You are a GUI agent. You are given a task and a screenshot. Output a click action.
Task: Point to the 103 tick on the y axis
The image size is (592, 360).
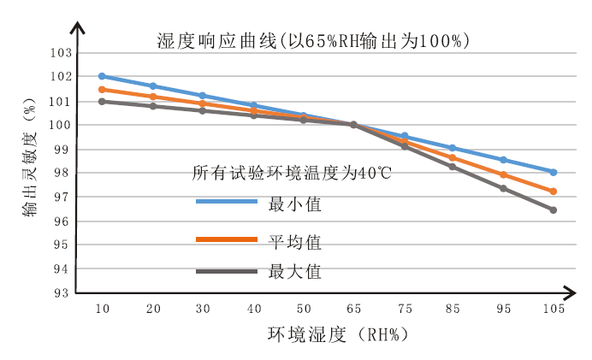coord(60,53)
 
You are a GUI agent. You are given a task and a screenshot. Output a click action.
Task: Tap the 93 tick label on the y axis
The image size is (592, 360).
coord(60,293)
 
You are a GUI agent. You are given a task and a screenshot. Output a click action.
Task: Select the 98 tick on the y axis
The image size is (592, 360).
coord(60,173)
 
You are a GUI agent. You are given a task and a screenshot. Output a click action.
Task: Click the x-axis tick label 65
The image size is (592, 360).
coord(353,310)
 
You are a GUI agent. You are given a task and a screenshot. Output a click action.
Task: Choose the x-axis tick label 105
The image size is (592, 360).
coord(553,310)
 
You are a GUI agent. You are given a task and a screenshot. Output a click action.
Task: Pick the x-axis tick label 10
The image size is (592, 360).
coord(102,310)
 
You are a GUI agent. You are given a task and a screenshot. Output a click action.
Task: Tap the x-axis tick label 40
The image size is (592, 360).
coord(253,310)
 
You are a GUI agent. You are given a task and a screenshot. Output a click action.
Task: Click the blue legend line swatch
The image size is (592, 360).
coord(227,202)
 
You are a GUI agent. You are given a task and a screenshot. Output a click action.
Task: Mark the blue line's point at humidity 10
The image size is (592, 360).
coord(102,76)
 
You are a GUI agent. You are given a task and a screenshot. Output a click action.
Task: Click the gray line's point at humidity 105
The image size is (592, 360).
coord(554,210)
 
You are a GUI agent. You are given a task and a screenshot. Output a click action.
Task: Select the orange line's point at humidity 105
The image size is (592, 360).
coord(554,192)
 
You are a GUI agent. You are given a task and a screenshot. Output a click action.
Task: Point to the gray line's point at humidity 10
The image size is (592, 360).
coord(102,101)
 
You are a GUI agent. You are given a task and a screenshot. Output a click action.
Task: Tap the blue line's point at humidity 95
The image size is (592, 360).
coord(503,160)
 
